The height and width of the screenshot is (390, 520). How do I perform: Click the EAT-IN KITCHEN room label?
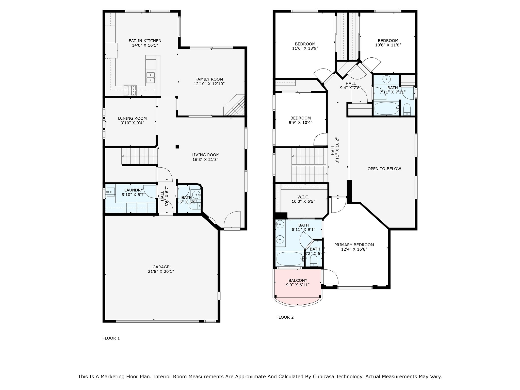coord(145,41)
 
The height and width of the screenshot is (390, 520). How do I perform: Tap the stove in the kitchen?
coord(130,90)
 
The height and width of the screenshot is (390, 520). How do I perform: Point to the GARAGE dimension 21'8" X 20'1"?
coord(161,271)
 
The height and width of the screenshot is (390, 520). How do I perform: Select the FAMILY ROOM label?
coord(209,79)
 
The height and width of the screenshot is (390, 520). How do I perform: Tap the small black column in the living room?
coord(177,147)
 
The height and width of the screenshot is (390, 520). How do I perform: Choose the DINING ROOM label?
coord(132,118)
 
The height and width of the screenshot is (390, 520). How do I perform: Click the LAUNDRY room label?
coord(134,190)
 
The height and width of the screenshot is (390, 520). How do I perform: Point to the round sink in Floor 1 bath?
coord(196,195)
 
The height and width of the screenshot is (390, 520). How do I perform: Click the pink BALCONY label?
coord(298,280)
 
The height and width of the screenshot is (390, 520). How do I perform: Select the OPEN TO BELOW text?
coord(384,169)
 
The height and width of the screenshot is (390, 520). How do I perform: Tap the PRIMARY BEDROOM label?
coord(354,245)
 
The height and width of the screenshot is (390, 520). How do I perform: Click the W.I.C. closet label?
coord(303,197)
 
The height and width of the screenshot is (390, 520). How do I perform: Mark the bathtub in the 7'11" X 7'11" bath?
coord(386,109)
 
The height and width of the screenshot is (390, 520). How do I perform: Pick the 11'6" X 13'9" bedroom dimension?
coord(305,48)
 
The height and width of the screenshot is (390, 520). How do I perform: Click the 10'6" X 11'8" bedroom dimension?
coord(388,45)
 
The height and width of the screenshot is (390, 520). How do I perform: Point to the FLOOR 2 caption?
coord(285,317)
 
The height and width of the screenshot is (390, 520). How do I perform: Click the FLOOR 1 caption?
coord(111,338)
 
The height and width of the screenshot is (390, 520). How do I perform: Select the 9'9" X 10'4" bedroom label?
coord(300,118)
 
